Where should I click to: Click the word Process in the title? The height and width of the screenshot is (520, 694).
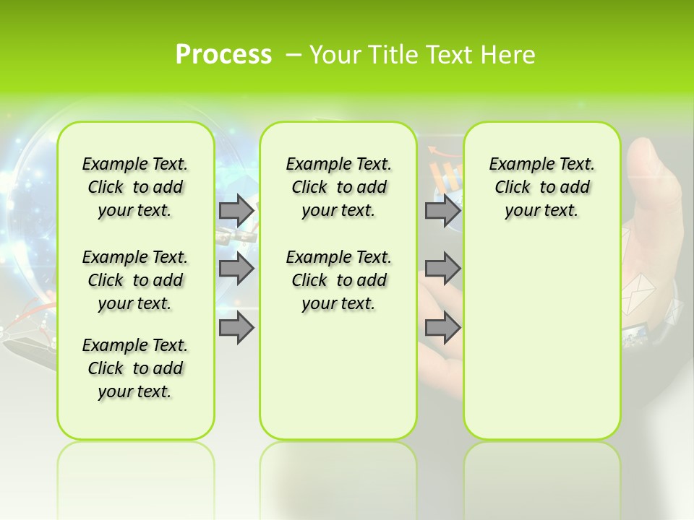click(x=223, y=55)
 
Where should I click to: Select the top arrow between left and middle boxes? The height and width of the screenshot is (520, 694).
click(x=236, y=210)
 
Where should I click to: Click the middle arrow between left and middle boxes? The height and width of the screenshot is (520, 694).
click(x=236, y=269)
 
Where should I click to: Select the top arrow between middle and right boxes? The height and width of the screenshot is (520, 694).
click(x=442, y=210)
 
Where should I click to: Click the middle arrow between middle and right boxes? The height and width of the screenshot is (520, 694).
click(x=442, y=269)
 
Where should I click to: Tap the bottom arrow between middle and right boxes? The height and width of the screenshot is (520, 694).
click(x=442, y=327)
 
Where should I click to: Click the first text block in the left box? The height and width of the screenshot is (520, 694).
click(x=135, y=187)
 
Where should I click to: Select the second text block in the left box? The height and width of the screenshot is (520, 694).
click(x=135, y=280)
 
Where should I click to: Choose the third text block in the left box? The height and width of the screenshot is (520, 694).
click(x=135, y=368)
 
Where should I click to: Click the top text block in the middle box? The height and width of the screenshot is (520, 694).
click(x=338, y=187)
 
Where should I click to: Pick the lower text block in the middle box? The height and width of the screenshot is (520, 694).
click(x=338, y=280)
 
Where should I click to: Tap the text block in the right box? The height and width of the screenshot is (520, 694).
click(x=541, y=187)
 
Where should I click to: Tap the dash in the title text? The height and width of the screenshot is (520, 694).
click(x=294, y=55)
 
